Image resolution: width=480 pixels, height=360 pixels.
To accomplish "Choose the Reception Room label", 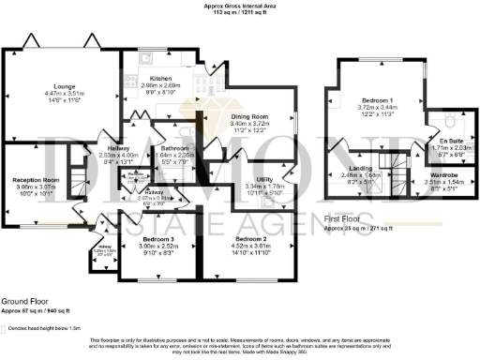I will [x=36, y=178].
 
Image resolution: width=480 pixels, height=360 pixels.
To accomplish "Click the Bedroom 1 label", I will [x=379, y=99].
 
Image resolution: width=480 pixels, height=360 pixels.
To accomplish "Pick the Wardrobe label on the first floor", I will [x=444, y=174].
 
